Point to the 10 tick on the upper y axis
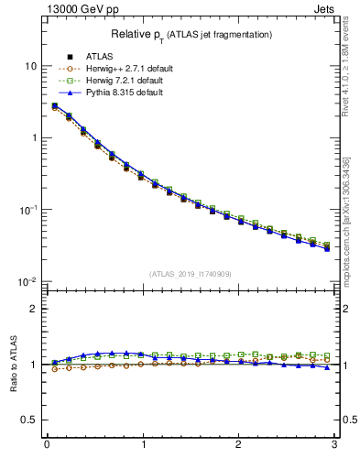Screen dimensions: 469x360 pyautogui.click(x=30, y=67)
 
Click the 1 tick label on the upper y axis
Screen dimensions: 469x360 pyautogui.click(x=33, y=138)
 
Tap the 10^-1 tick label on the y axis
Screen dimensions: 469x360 pyautogui.click(x=28, y=210)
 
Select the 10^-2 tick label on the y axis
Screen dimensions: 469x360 pyautogui.click(x=28, y=281)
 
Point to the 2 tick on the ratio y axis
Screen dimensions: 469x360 pyautogui.click(x=33, y=309)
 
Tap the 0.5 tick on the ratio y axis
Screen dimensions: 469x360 pyautogui.click(x=29, y=420)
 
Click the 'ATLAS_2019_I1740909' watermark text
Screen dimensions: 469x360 pyautogui.click(x=191, y=274)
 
